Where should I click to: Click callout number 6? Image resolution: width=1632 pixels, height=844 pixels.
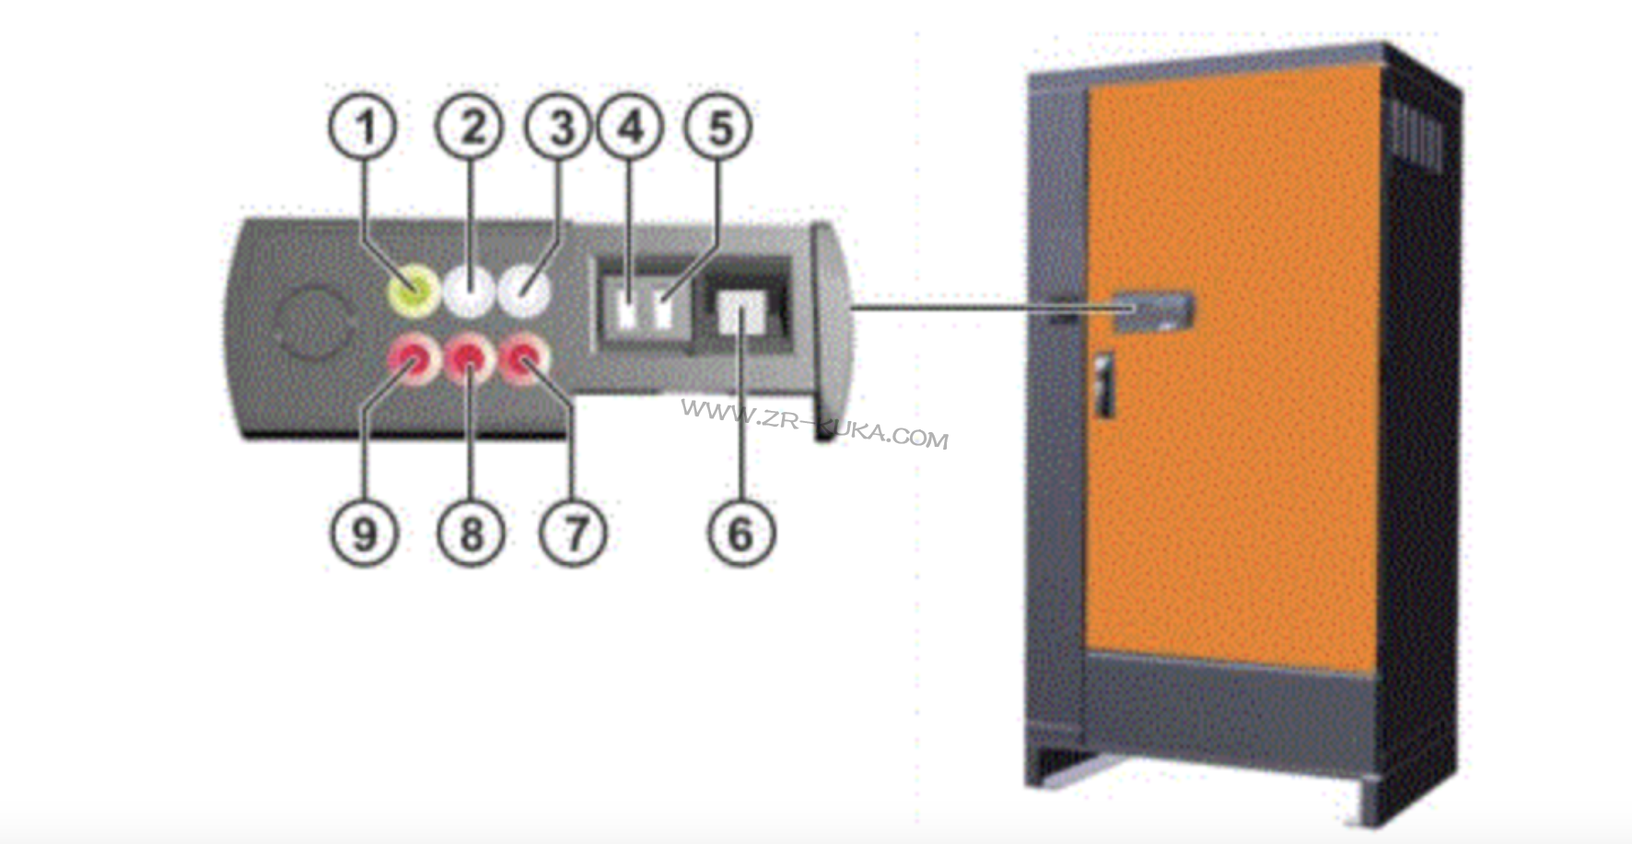[741, 533]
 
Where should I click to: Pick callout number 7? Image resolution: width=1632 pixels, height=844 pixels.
[573, 533]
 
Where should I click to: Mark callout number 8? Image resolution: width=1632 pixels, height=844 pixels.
[471, 533]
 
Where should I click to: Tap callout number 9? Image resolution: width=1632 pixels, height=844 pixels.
[365, 533]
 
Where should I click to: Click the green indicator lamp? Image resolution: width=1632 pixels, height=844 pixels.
[412, 292]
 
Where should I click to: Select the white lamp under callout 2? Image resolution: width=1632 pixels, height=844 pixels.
[469, 292]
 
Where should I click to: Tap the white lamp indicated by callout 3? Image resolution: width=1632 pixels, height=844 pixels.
[523, 292]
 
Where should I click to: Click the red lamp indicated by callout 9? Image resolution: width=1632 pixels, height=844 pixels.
[412, 358]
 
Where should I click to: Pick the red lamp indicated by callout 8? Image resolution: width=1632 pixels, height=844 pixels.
[469, 358]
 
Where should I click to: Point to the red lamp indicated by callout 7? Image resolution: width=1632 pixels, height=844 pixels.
[524, 358]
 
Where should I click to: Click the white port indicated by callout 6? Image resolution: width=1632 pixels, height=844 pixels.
[741, 316]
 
